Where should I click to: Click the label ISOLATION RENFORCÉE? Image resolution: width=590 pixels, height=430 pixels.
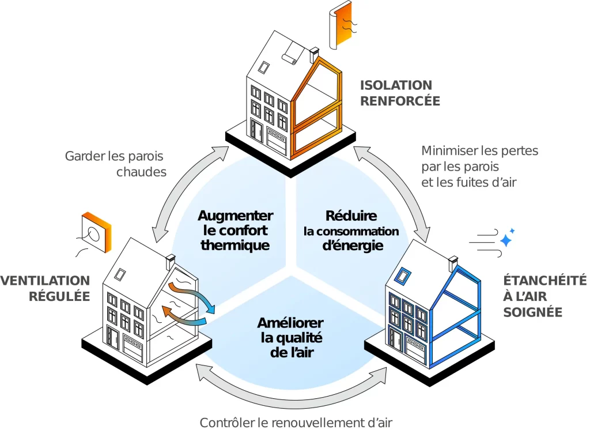(400, 93)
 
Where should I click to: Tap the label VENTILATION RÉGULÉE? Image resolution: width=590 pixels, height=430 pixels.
(45, 288)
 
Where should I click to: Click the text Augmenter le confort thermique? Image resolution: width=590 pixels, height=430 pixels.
(235, 230)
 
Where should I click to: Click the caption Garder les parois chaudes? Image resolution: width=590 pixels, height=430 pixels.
(114, 164)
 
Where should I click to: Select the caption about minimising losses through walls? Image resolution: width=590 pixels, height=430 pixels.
(479, 167)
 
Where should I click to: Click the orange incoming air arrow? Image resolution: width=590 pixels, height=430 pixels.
(181, 315)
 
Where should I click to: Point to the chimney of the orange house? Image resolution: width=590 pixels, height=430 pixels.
(315, 52)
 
